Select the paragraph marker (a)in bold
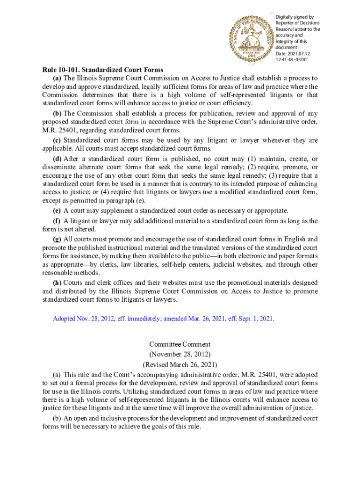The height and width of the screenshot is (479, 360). point(58,78)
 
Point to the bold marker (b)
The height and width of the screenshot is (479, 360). point(58,113)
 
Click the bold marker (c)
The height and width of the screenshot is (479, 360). point(58,140)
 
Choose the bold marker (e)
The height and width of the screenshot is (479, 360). point(58,210)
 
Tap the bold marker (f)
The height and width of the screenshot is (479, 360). point(57,221)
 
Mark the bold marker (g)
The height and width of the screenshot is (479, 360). point(58,239)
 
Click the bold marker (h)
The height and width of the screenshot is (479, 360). point(58,283)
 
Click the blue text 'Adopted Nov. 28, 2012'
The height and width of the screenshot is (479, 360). point(82,319)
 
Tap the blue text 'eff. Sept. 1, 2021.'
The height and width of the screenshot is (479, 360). point(252,319)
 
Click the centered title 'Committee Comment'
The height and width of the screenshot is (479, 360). point(180,345)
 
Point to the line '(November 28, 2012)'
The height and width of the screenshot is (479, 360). point(180,355)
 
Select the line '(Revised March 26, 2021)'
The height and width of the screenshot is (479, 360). point(180,364)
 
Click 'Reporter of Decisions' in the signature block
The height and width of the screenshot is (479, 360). point(297,23)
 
